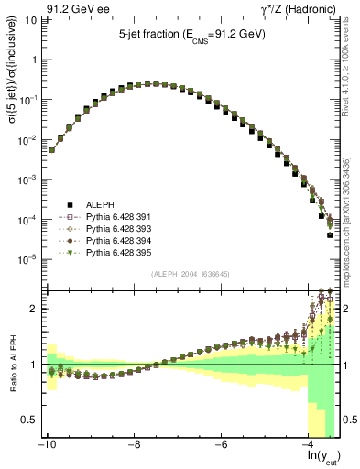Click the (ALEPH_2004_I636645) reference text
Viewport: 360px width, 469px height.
tap(191, 273)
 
